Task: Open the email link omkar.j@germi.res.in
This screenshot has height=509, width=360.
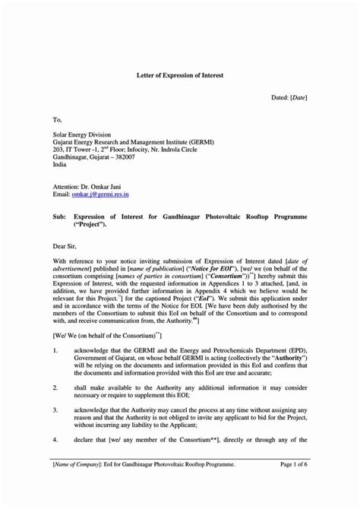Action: [106, 194]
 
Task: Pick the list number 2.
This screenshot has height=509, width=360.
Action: [55, 387]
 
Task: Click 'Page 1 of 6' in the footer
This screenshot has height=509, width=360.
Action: [289, 463]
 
